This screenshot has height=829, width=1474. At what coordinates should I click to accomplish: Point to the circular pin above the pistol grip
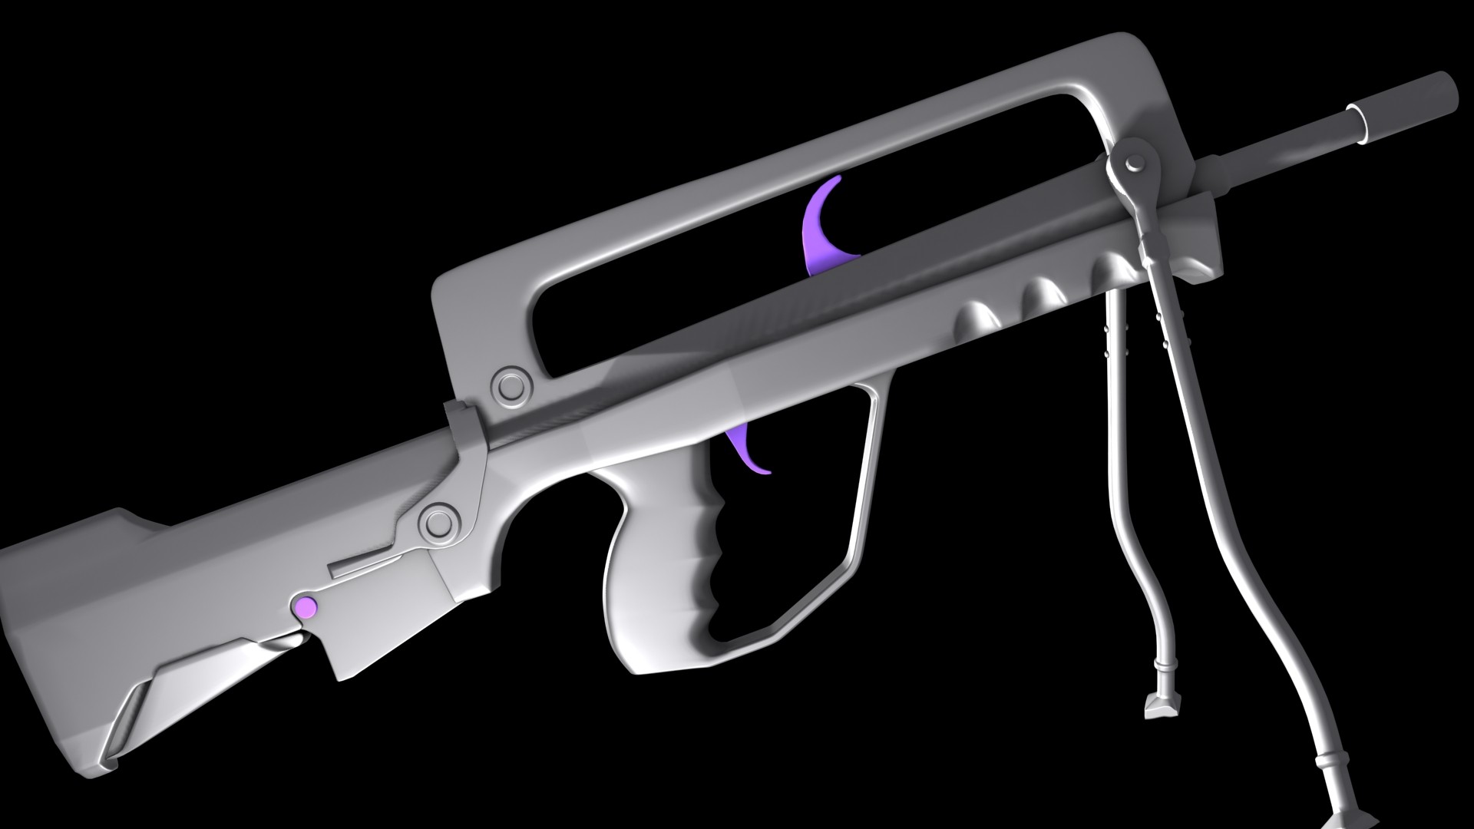[441, 523]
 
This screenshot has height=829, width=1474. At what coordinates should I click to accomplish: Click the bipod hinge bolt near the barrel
[1132, 163]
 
